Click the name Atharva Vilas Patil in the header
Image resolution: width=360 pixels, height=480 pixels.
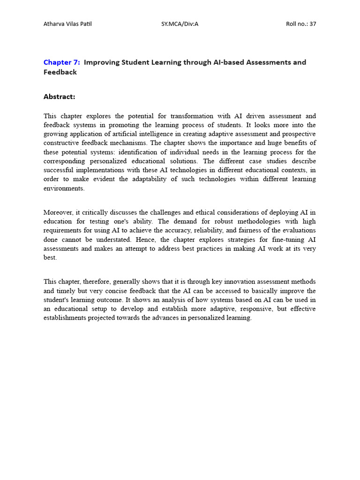(x=67, y=24)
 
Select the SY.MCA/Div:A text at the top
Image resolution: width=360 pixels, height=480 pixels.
(x=180, y=24)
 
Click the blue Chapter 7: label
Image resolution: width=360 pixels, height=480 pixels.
(x=62, y=62)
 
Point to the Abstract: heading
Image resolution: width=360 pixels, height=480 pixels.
(x=59, y=97)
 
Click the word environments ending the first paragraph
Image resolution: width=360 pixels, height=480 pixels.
(x=64, y=188)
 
